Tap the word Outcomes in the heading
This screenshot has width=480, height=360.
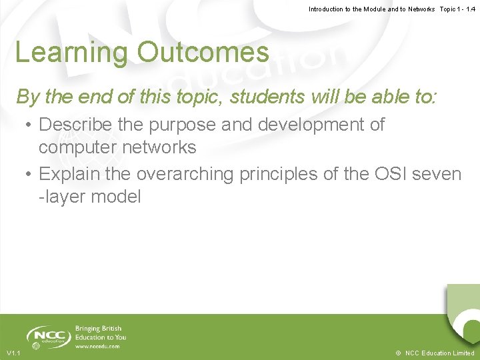coord(203,52)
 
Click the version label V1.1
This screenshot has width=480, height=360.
coord(13,353)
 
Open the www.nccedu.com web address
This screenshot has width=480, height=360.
coord(97,346)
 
